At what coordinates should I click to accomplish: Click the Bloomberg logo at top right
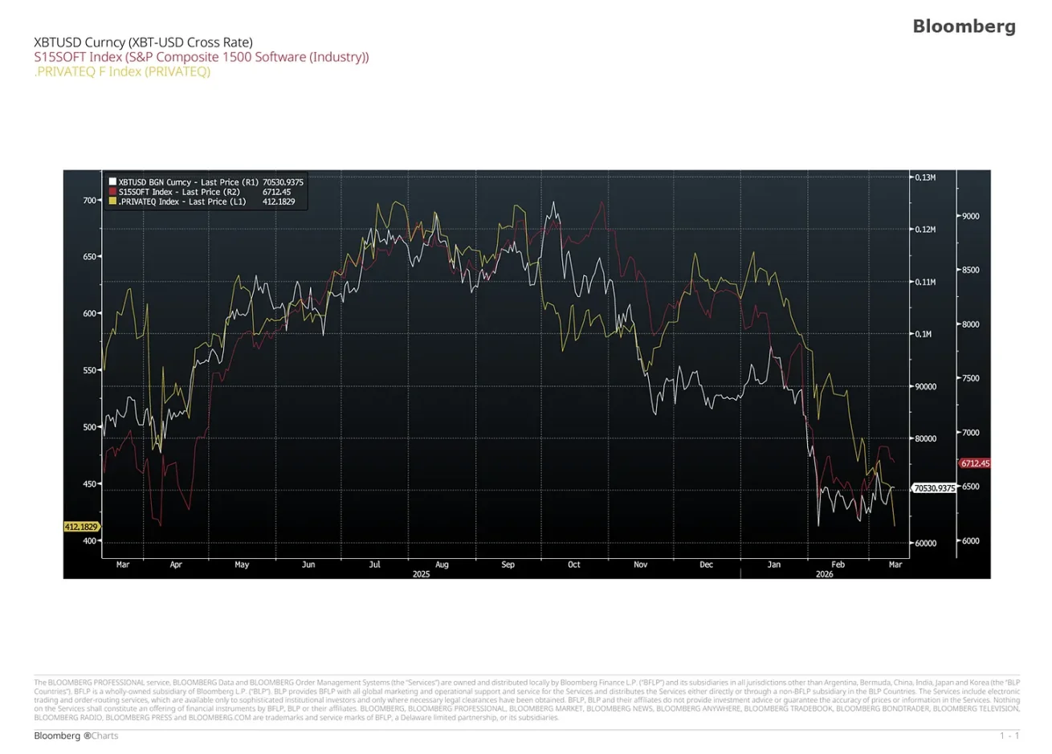(964, 26)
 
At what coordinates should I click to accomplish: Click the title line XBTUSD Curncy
(143, 42)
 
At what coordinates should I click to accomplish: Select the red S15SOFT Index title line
(201, 57)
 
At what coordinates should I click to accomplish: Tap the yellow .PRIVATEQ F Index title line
(122, 71)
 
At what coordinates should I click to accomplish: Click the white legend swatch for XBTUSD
(112, 182)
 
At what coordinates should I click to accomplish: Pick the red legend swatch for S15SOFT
(112, 192)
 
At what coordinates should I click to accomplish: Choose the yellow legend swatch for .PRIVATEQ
(112, 202)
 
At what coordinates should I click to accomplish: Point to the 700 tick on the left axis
(88, 200)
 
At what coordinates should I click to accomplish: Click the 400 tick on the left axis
(88, 540)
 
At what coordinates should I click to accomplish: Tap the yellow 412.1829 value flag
(81, 527)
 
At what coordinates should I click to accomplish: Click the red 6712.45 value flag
(975, 463)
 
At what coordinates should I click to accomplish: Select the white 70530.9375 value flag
(934, 487)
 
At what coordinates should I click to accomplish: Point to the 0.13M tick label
(925, 177)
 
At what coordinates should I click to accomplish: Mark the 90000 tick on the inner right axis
(925, 386)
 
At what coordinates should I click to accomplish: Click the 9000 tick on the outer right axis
(970, 216)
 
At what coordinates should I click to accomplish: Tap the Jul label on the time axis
(374, 564)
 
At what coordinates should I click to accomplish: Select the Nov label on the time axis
(640, 564)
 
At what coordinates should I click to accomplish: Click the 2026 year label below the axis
(824, 574)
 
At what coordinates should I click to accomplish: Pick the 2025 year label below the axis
(421, 574)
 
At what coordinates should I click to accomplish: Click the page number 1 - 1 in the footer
(1009, 736)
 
